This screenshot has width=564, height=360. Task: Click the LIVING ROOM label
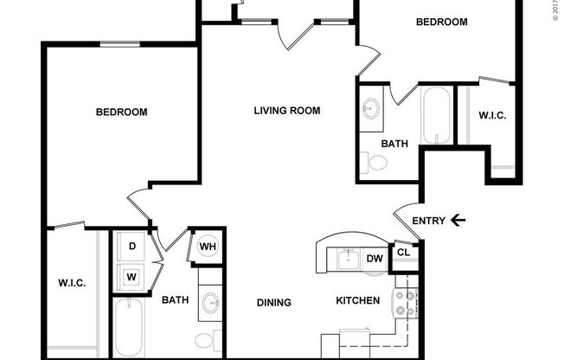(287, 110)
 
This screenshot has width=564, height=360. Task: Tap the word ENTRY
(428, 221)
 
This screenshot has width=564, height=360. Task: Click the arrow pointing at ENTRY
(458, 221)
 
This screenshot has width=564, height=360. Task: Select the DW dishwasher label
(375, 257)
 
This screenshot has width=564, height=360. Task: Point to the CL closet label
(403, 253)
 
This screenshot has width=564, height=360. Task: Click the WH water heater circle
(208, 247)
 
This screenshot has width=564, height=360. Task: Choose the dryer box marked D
(132, 247)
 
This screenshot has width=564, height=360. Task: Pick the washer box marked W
(132, 277)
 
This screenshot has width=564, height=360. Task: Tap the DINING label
(273, 302)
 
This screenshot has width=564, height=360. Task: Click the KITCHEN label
(358, 300)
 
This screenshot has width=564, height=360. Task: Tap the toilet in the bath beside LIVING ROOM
(375, 162)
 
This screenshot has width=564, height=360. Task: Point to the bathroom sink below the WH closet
(210, 303)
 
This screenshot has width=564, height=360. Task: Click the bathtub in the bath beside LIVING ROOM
(435, 116)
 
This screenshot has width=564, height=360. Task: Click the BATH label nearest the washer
(176, 300)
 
